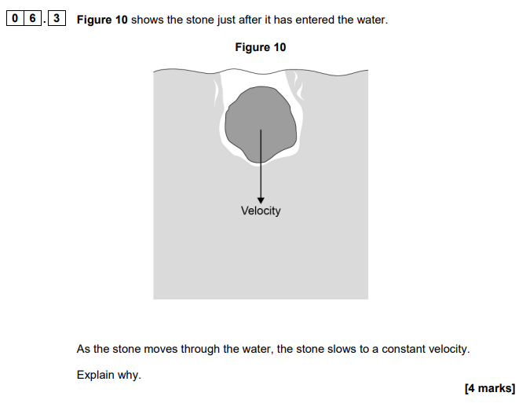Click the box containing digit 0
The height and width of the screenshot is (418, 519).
pyautogui.click(x=15, y=18)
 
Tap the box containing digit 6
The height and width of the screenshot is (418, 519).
pyautogui.click(x=32, y=18)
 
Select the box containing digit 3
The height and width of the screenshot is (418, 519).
pyautogui.click(x=57, y=18)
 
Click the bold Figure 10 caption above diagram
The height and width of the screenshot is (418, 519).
pyautogui.click(x=261, y=47)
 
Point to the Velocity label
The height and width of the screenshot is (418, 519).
pyautogui.click(x=261, y=211)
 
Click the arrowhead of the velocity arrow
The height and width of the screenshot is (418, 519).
pyautogui.click(x=261, y=200)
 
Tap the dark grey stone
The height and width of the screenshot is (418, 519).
pyautogui.click(x=261, y=125)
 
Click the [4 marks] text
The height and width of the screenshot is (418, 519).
pyautogui.click(x=490, y=388)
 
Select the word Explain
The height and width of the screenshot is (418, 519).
pyautogui.click(x=95, y=375)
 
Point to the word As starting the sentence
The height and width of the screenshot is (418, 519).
pyautogui.click(x=83, y=349)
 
